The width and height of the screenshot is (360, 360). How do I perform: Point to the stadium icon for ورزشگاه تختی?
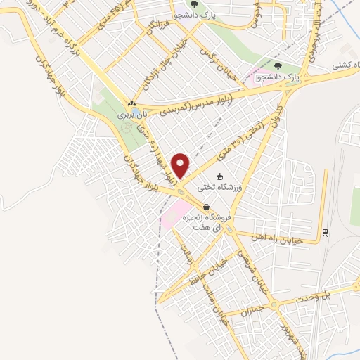[219, 176]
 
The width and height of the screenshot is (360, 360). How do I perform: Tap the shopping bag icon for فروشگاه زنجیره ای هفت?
[206, 207]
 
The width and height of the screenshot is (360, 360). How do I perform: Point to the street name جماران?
[251, 309]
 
